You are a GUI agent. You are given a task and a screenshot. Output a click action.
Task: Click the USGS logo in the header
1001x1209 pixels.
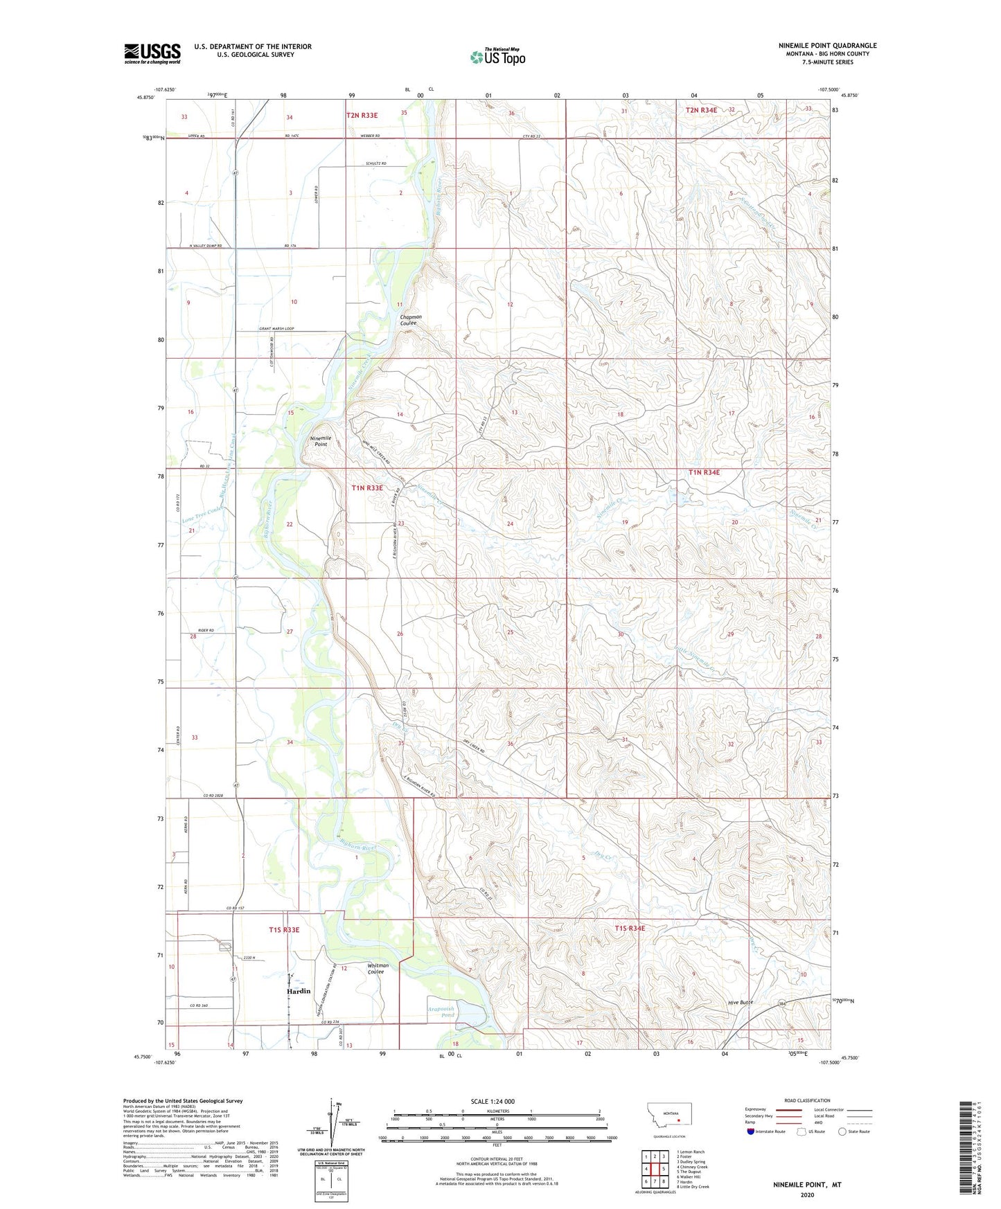(x=152, y=53)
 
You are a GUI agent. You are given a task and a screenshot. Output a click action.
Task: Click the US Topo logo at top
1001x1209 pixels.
(x=497, y=57)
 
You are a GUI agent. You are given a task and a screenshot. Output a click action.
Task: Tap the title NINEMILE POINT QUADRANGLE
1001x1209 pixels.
(x=827, y=46)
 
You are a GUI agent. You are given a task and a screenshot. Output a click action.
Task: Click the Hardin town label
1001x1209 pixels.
(x=299, y=991)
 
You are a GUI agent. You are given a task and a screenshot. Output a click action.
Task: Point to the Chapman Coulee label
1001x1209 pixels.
(x=410, y=320)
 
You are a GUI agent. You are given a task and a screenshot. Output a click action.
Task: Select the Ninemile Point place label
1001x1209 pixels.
(x=320, y=441)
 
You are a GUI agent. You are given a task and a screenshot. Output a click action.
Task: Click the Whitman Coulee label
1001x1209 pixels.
(x=378, y=968)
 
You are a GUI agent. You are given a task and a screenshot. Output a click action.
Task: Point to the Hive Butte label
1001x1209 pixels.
(x=740, y=1002)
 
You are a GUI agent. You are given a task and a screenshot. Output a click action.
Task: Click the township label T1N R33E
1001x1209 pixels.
(x=367, y=487)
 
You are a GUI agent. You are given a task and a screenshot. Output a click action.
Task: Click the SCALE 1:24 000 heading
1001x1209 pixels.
(x=493, y=1101)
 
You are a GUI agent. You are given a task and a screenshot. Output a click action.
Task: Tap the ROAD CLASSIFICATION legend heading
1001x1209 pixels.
(x=807, y=1100)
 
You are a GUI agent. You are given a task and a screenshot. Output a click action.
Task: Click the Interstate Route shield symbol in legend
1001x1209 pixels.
(x=751, y=1131)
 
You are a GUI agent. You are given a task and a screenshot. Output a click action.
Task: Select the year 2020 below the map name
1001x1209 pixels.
(x=807, y=1194)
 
